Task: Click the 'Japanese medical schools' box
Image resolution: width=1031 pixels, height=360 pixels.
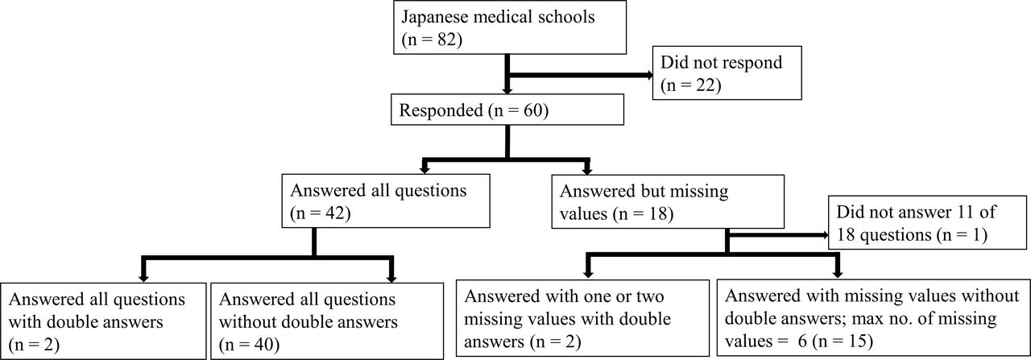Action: (x=510, y=27)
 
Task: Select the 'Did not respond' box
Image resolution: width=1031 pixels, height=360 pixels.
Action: (x=727, y=72)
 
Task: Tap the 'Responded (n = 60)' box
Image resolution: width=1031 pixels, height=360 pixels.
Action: (x=507, y=110)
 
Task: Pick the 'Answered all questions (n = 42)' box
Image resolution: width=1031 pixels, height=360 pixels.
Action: (x=386, y=201)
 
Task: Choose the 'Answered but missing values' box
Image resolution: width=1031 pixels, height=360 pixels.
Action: (x=668, y=201)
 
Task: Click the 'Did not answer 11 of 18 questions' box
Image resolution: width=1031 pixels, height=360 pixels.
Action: (x=927, y=223)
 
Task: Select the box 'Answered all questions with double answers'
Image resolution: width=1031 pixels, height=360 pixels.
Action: (x=103, y=321)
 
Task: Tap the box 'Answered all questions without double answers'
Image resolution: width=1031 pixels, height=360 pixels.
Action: (x=327, y=321)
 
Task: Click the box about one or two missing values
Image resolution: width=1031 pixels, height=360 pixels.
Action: (x=582, y=318)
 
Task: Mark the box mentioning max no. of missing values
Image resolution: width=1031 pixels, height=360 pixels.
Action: (x=873, y=318)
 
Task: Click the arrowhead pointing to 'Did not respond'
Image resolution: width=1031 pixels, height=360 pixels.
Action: (x=649, y=75)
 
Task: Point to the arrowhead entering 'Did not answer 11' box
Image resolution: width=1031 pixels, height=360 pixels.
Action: (x=825, y=235)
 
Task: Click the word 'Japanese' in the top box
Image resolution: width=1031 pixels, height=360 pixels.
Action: (x=434, y=18)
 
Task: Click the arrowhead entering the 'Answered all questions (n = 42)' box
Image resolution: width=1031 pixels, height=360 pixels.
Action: (x=424, y=170)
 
